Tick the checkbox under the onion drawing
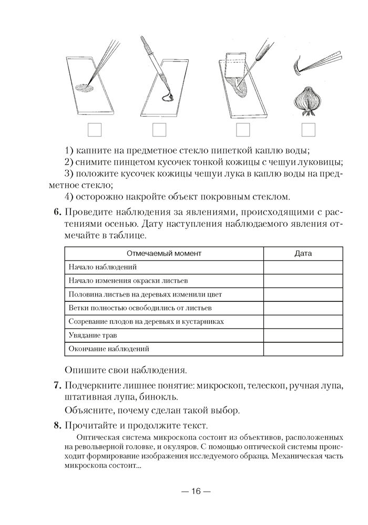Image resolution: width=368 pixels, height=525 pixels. (x=308, y=130)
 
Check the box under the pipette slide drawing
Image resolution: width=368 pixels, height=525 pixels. (x=159, y=130)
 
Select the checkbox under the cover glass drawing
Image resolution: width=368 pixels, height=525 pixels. (x=243, y=130)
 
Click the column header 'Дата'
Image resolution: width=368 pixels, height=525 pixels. (x=303, y=254)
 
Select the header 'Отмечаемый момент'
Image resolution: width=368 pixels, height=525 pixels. (x=164, y=254)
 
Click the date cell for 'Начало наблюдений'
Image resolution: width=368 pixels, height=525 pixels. (x=303, y=267)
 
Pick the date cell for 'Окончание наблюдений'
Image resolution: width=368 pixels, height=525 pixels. (x=303, y=348)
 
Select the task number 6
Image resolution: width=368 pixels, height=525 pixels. (x=57, y=213)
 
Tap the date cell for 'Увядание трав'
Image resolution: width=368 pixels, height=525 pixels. (x=303, y=334)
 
